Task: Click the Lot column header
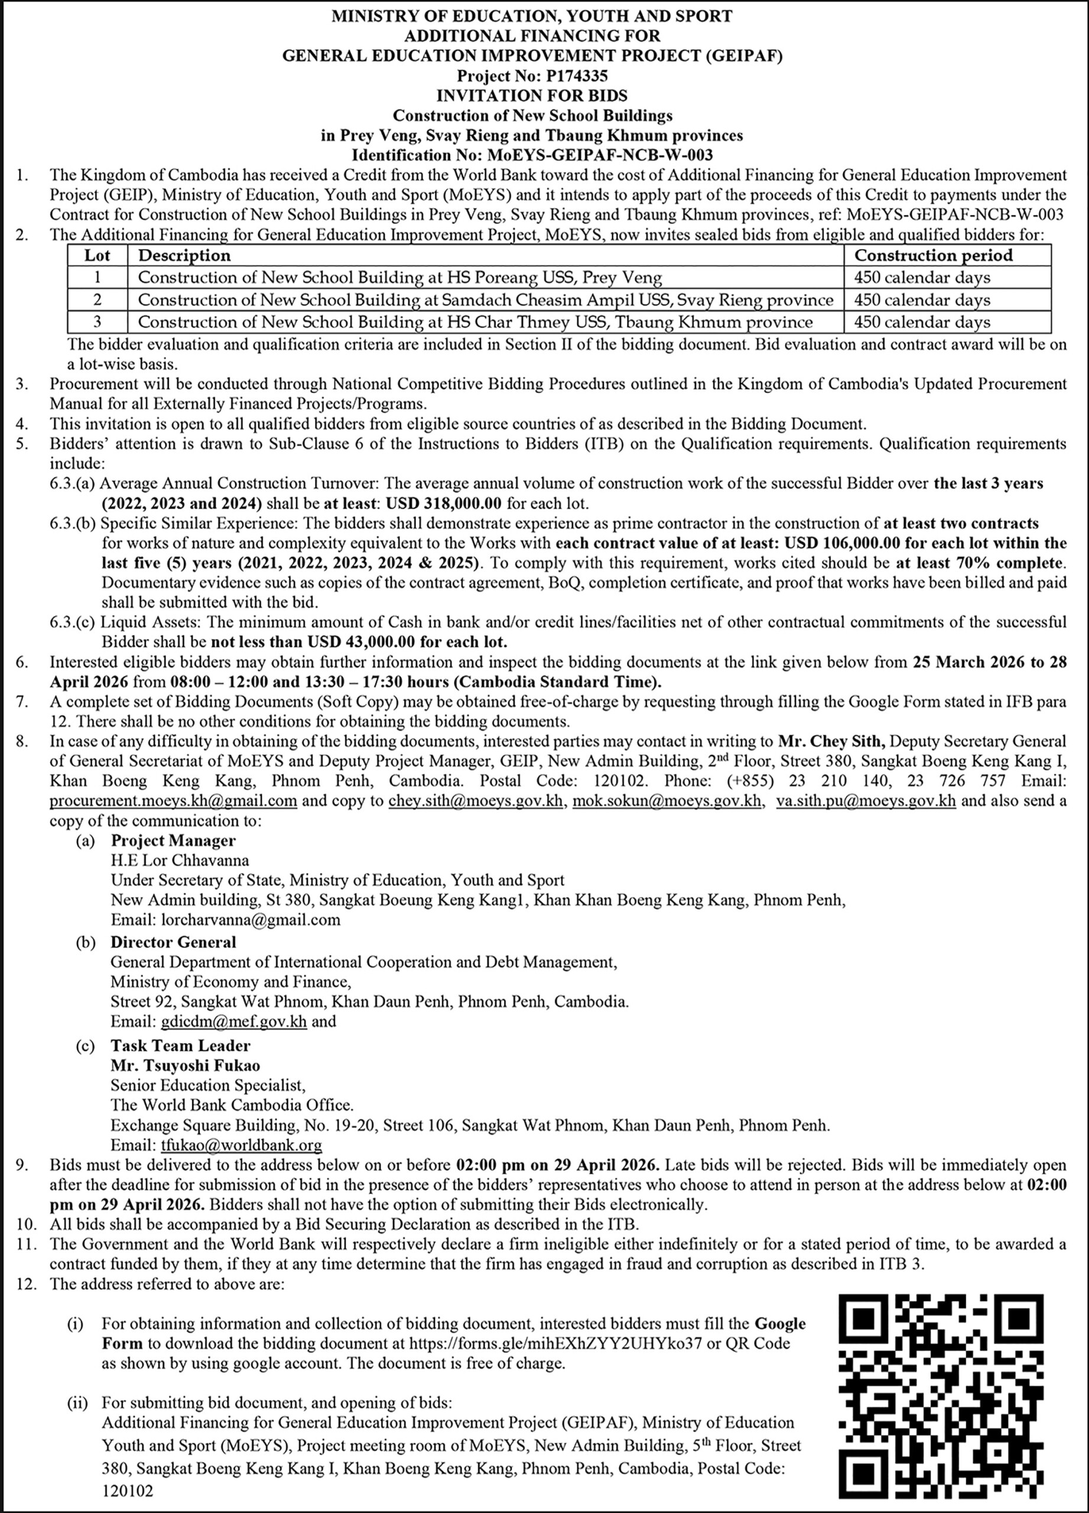point(97,255)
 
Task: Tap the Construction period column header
point(933,255)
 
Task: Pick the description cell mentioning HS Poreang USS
point(399,278)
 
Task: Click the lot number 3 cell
point(97,322)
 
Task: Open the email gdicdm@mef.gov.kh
point(233,1021)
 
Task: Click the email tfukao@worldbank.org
point(242,1145)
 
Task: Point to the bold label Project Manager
point(173,840)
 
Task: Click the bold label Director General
point(173,942)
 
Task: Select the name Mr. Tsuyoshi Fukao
point(186,1066)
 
